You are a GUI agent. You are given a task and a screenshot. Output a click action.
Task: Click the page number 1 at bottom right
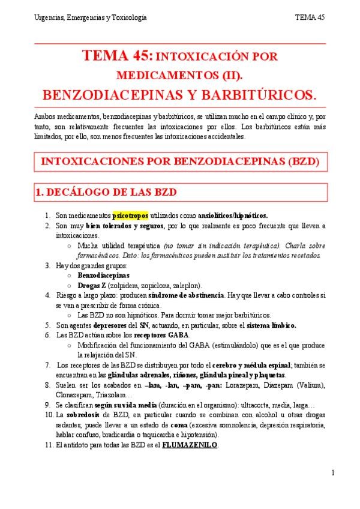click(332, 474)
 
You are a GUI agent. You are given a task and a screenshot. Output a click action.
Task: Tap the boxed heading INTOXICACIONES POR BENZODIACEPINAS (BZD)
click(179, 161)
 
